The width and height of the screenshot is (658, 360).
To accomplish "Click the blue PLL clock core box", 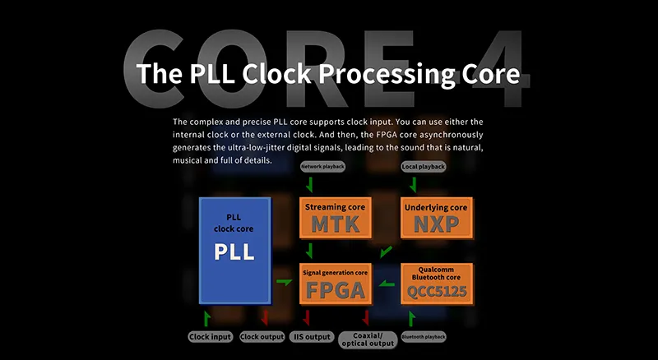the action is [x=235, y=251].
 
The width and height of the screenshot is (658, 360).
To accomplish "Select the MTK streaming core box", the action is [x=336, y=218].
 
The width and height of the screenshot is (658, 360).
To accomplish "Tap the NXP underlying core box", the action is [x=437, y=218].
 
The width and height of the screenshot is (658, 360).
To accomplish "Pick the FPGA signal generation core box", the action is [x=336, y=284].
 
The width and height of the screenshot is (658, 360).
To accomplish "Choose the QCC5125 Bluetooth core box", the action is [x=437, y=284].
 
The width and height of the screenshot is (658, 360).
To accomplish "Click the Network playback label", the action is [x=323, y=167].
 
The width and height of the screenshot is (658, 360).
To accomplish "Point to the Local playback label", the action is [x=424, y=167].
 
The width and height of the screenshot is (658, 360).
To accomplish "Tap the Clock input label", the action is [x=211, y=337].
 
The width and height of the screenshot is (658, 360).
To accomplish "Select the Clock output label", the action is [x=262, y=337].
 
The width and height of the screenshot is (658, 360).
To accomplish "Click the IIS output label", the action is [x=312, y=337].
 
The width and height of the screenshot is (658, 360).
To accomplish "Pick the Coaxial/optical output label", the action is [x=368, y=339].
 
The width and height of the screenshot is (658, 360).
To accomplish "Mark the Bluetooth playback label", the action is [x=424, y=337].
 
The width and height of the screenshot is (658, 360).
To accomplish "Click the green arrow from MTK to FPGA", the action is [x=310, y=251].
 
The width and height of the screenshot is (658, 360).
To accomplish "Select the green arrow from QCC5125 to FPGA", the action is [x=387, y=284].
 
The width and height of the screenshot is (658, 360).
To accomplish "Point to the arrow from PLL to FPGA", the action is [x=285, y=282].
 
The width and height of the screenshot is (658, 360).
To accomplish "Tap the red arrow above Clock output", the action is [x=265, y=317].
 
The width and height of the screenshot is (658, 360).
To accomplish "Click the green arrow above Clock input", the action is [x=207, y=318].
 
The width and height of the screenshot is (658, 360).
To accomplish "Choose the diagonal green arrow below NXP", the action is [x=386, y=252].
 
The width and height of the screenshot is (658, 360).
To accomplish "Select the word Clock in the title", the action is [x=277, y=74].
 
